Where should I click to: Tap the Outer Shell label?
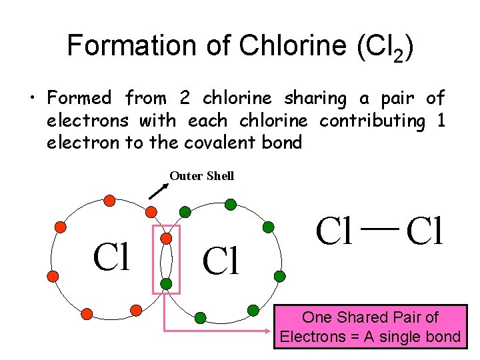(x=201, y=176)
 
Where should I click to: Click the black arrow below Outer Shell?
(x=157, y=191)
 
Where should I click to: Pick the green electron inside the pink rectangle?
(x=166, y=283)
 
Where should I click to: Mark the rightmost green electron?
(x=280, y=275)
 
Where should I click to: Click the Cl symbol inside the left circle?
(x=113, y=257)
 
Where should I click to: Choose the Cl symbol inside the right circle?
(x=221, y=262)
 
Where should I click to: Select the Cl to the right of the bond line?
(x=424, y=231)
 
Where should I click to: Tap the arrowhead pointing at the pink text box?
(x=271, y=330)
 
